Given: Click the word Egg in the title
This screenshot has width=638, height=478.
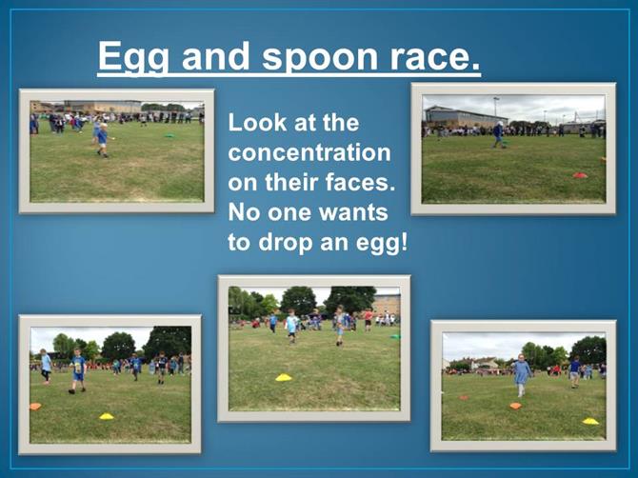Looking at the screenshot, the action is (133, 57).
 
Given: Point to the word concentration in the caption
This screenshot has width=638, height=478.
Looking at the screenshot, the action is (309, 152).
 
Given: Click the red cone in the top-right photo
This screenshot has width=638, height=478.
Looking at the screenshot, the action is (580, 175).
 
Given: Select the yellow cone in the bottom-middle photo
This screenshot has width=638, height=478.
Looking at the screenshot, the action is (284, 377).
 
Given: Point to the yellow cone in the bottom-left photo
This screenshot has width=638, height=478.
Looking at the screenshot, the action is (107, 416).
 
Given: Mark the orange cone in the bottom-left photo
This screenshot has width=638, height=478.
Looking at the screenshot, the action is (35, 406).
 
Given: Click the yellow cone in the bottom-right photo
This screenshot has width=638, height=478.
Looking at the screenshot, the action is (590, 421).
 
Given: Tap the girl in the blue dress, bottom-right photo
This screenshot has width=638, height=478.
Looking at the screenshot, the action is (522, 375).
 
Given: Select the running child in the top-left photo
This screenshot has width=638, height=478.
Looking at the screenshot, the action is (103, 140).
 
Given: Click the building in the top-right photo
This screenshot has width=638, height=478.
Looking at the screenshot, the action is (465, 117).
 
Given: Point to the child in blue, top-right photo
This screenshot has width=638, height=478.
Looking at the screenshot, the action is (498, 134).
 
